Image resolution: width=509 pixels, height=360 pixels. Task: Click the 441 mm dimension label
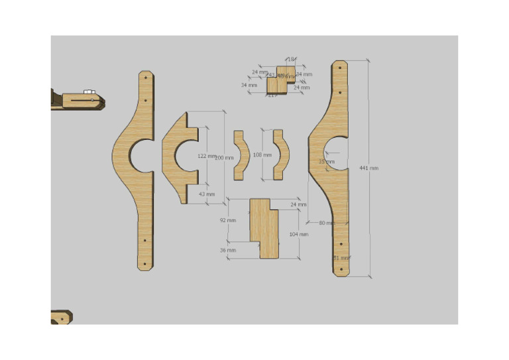[x=368, y=168]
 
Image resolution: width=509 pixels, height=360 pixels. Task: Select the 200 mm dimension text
[x=225, y=157]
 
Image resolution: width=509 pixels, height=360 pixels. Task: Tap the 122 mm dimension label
[x=206, y=156]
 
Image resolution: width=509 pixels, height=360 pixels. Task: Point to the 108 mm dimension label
[x=262, y=155]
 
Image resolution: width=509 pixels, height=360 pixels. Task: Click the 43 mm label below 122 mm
[x=207, y=194]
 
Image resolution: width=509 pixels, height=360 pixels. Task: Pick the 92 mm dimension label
[x=227, y=220]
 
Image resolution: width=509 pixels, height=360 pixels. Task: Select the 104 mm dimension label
[x=299, y=234]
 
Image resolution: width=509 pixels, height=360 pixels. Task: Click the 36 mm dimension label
[x=227, y=251]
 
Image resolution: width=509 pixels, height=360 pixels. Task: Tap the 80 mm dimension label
[x=327, y=223]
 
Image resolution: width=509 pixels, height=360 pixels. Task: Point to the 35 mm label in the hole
[x=327, y=161]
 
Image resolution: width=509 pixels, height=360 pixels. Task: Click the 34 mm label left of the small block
[x=249, y=85]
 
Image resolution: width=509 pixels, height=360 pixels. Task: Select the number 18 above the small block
[x=290, y=60]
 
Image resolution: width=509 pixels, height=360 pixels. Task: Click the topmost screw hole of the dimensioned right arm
[x=341, y=68]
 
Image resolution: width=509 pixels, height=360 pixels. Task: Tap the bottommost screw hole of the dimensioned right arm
[x=341, y=269]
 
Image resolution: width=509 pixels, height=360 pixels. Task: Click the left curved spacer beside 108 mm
[x=241, y=155]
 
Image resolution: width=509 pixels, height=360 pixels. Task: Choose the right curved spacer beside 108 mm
[x=281, y=155]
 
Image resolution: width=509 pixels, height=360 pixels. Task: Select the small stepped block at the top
[x=280, y=80]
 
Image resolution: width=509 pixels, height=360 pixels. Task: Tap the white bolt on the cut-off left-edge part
[x=88, y=91]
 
